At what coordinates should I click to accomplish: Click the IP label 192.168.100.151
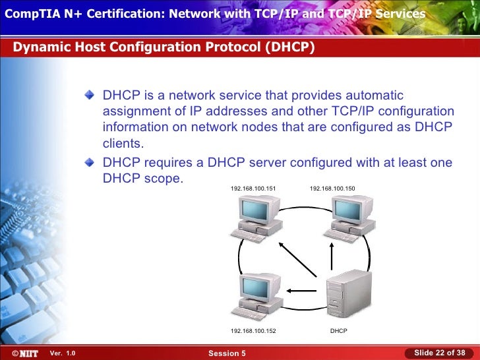point(253,189)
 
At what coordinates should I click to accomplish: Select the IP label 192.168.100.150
point(332,189)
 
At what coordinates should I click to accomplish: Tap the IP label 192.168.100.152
point(253,330)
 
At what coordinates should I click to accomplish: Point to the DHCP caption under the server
point(338,330)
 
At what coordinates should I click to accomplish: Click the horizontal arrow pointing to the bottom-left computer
point(305,289)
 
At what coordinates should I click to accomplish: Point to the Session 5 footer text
point(227,353)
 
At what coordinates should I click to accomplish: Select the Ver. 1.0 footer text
point(63,353)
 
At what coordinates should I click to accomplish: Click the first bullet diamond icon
point(90,96)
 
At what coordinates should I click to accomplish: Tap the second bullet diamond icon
point(90,162)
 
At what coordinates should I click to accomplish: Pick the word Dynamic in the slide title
point(39,48)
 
